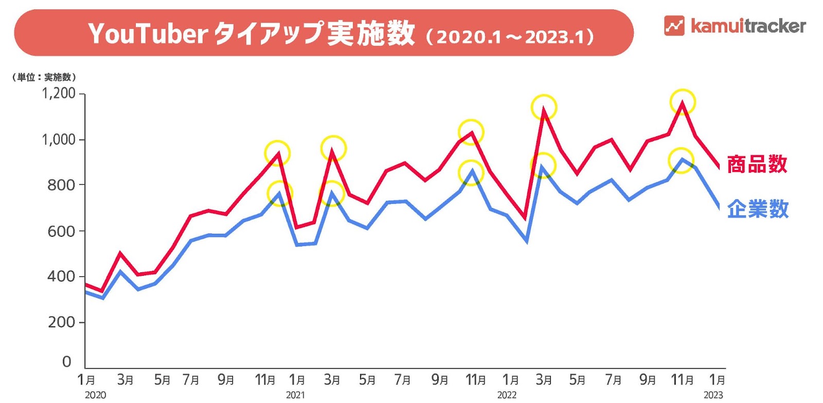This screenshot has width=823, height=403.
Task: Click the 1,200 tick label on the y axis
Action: pyautogui.click(x=59, y=94)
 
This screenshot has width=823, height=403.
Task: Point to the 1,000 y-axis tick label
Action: pyautogui.click(x=59, y=139)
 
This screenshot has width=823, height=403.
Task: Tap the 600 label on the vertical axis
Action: pyautogui.click(x=61, y=231)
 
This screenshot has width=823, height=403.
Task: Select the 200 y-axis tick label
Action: pyautogui.click(x=61, y=322)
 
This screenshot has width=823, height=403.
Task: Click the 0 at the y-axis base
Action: pyautogui.click(x=66, y=362)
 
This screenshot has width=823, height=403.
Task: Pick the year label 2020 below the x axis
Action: pyautogui.click(x=95, y=395)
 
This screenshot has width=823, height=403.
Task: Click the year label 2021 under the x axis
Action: pyautogui.click(x=295, y=395)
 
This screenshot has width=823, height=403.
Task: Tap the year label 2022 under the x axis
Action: pyautogui.click(x=507, y=395)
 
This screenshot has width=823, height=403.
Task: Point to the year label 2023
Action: pyautogui.click(x=713, y=395)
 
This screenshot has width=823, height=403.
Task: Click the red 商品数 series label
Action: pyautogui.click(x=757, y=164)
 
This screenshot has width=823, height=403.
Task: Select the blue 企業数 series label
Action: pyautogui.click(x=758, y=209)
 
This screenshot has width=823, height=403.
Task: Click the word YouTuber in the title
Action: pyautogui.click(x=148, y=33)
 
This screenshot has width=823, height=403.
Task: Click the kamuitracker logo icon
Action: pyautogui.click(x=674, y=25)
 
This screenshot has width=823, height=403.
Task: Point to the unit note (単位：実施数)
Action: pyautogui.click(x=44, y=77)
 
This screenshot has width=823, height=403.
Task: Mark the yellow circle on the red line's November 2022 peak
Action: pyautogui.click(x=683, y=102)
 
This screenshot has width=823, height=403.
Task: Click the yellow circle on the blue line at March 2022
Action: pyautogui.click(x=543, y=165)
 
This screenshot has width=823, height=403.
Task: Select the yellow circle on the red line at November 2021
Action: pyautogui.click(x=471, y=132)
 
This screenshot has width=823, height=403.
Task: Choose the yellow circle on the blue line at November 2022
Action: pyautogui.click(x=681, y=161)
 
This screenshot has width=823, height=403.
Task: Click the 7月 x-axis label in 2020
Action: pyautogui.click(x=191, y=380)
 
